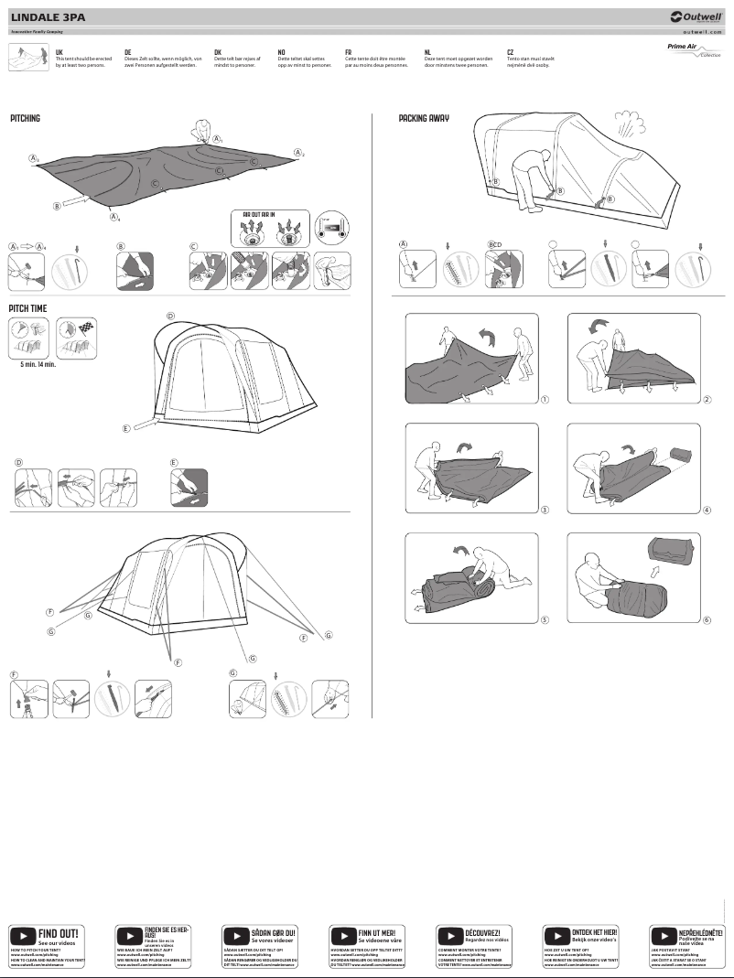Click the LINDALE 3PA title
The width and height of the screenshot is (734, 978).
click(x=45, y=16)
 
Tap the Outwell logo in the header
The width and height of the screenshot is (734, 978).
click(x=696, y=16)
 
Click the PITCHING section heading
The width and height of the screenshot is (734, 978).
click(x=26, y=119)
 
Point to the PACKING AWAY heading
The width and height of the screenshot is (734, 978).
click(x=424, y=119)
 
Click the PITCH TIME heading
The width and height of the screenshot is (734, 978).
click(x=27, y=309)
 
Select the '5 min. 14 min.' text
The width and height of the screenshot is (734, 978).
click(x=38, y=364)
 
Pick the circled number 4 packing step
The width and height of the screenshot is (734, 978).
click(x=707, y=510)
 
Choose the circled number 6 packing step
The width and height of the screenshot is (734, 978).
click(x=707, y=619)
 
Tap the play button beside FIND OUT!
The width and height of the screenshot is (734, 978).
click(x=23, y=935)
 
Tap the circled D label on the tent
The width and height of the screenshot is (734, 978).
click(x=170, y=317)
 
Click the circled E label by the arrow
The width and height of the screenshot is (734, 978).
click(x=125, y=428)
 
